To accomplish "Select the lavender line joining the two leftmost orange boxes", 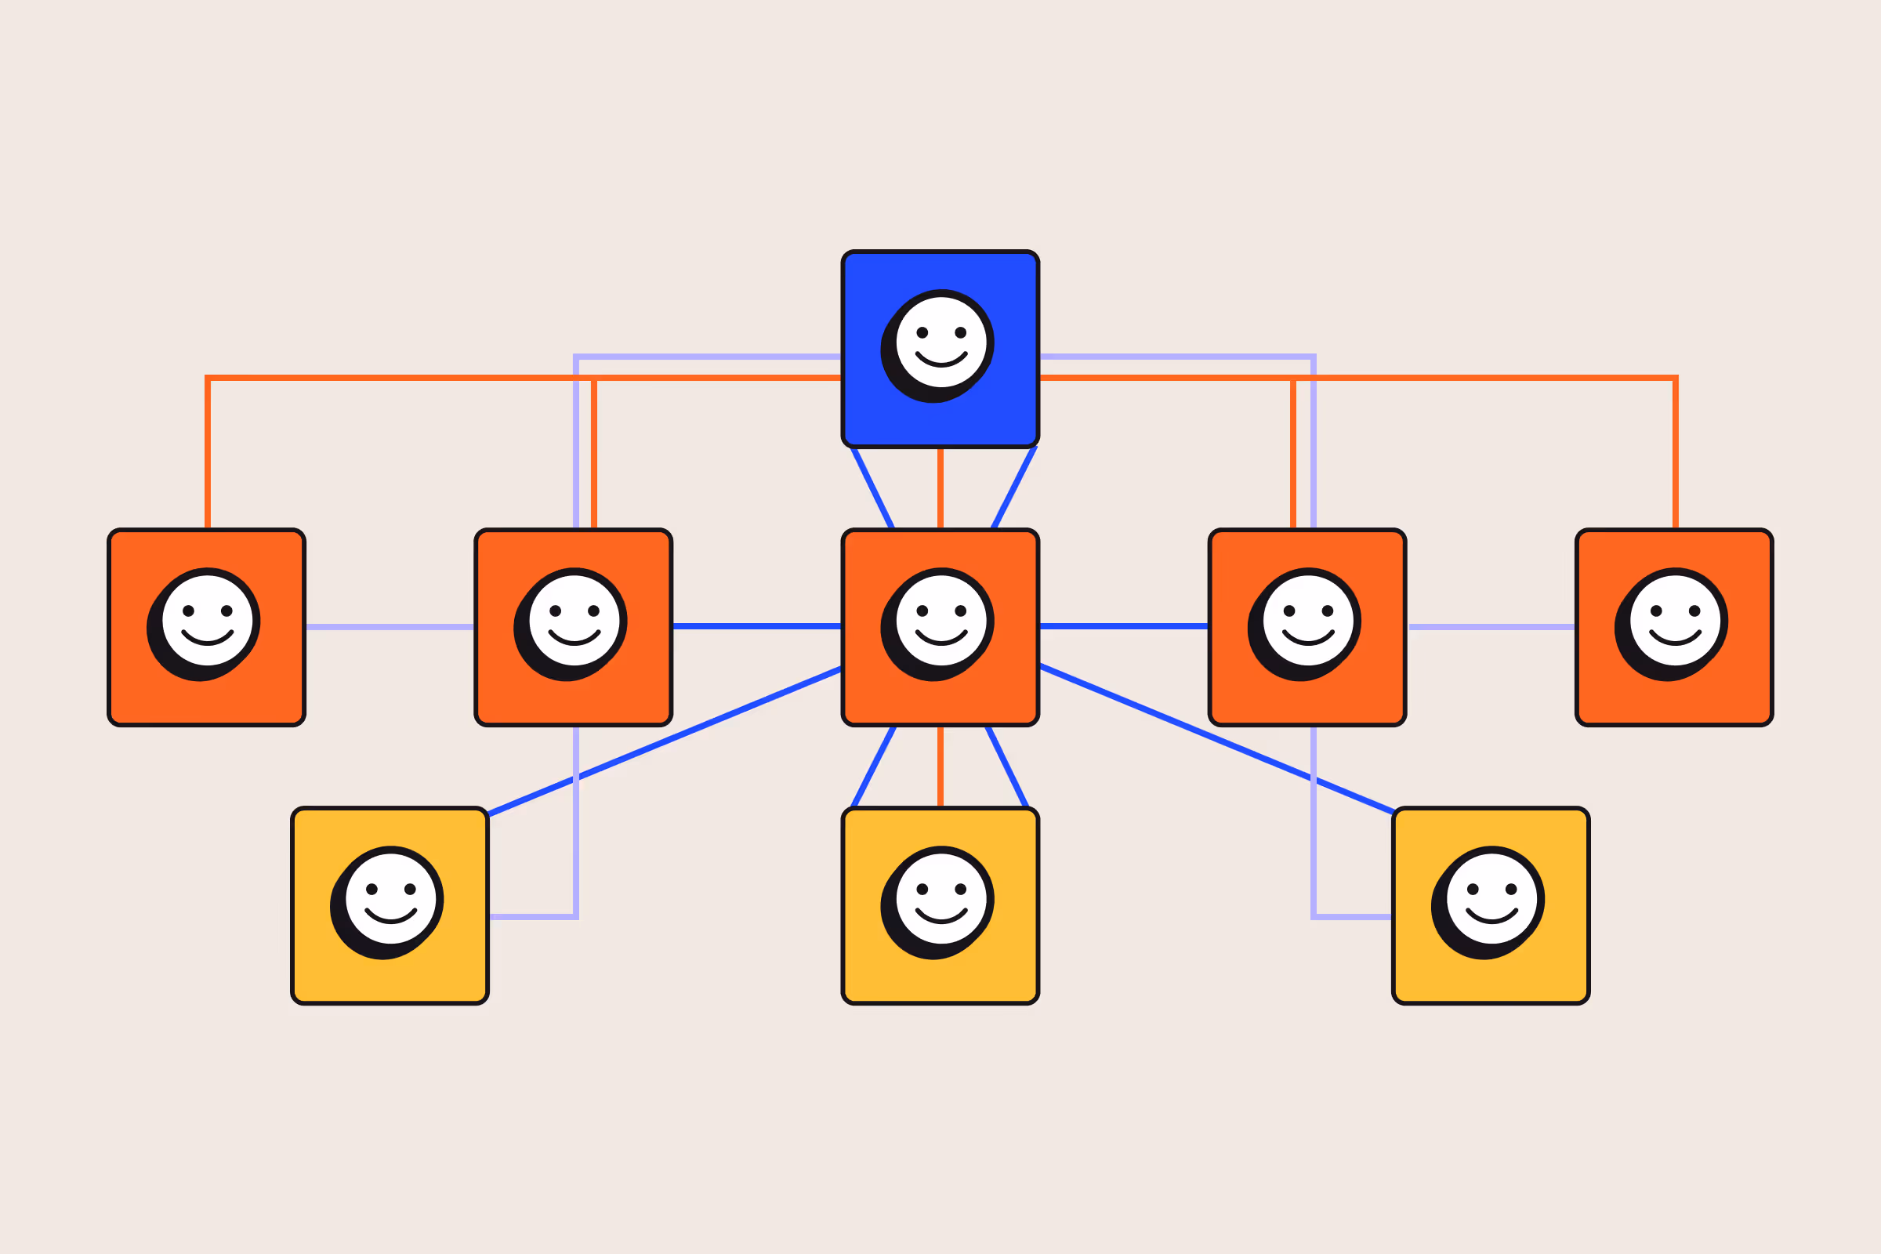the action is click(390, 627).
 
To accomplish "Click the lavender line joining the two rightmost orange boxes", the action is click(1491, 627).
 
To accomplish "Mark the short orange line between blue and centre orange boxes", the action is click(940, 487).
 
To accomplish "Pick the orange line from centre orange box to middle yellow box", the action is click(940, 767).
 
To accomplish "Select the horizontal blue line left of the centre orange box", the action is click(756, 626).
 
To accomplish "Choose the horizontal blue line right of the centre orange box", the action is click(1124, 626).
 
